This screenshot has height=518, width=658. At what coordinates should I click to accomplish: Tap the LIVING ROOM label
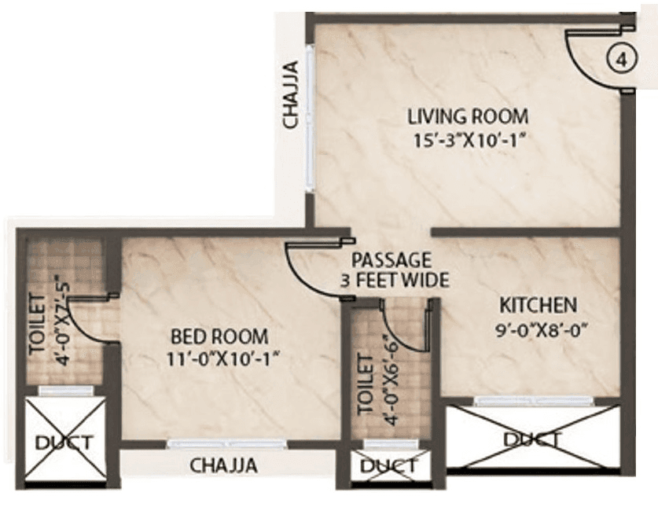click(467, 117)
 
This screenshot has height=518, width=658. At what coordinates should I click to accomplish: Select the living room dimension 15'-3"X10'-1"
click(467, 141)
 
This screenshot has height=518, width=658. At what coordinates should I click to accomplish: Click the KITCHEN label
click(539, 304)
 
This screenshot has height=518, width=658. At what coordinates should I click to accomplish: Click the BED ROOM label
click(219, 336)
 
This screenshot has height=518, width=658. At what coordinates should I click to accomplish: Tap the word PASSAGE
click(391, 259)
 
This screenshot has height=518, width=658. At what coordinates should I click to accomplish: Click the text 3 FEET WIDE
click(393, 279)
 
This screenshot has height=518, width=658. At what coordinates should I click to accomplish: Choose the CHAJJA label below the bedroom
click(224, 465)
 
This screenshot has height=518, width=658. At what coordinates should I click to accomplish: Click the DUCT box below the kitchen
click(531, 438)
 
